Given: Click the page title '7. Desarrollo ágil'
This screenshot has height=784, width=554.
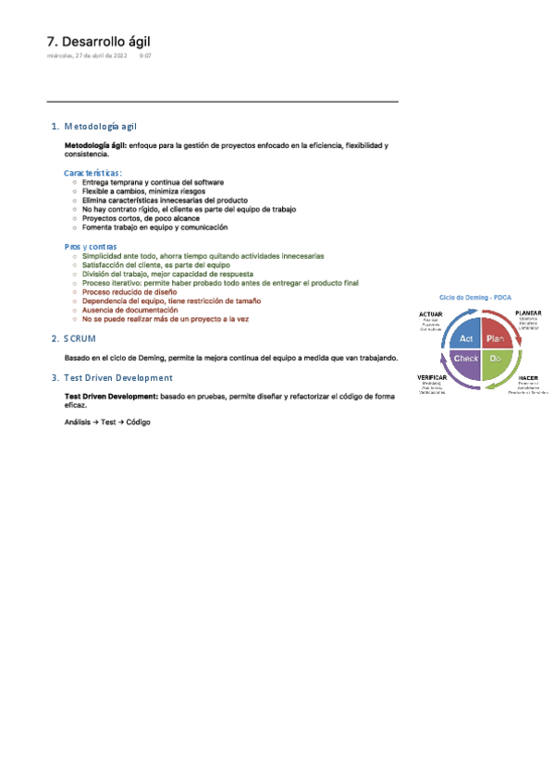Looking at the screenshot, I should pyautogui.click(x=98, y=42).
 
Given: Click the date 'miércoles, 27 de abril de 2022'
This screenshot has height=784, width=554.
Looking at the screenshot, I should pyautogui.click(x=87, y=55).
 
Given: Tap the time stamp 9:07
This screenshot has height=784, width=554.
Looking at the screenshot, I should pyautogui.click(x=145, y=55).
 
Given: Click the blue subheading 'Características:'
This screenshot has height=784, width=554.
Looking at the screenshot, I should pyautogui.click(x=93, y=173).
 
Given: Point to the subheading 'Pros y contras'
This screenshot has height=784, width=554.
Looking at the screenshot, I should pyautogui.click(x=91, y=247).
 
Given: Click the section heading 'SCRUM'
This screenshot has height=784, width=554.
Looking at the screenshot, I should pyautogui.click(x=80, y=339).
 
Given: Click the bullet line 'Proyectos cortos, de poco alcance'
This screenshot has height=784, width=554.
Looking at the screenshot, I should pyautogui.click(x=134, y=219).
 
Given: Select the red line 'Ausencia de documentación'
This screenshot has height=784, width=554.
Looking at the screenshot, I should pyautogui.click(x=130, y=310).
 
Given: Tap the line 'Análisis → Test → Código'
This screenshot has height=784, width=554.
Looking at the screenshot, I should pyautogui.click(x=107, y=422).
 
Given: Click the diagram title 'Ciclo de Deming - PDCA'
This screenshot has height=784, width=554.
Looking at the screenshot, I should pyautogui.click(x=475, y=298).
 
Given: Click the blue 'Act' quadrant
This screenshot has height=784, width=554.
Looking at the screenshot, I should pyautogui.click(x=466, y=339).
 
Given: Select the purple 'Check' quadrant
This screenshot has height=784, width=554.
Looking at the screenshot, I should pyautogui.click(x=465, y=358).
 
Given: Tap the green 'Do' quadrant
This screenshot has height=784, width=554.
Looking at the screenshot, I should pyautogui.click(x=495, y=358).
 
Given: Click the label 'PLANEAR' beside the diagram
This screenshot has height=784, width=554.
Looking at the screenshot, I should pyautogui.click(x=528, y=313).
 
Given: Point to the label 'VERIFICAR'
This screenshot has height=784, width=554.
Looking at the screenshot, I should pyautogui.click(x=433, y=378).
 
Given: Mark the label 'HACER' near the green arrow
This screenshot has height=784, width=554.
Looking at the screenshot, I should pyautogui.click(x=528, y=378).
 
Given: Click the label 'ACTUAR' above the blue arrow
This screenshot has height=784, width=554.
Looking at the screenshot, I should pyautogui.click(x=430, y=314).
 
